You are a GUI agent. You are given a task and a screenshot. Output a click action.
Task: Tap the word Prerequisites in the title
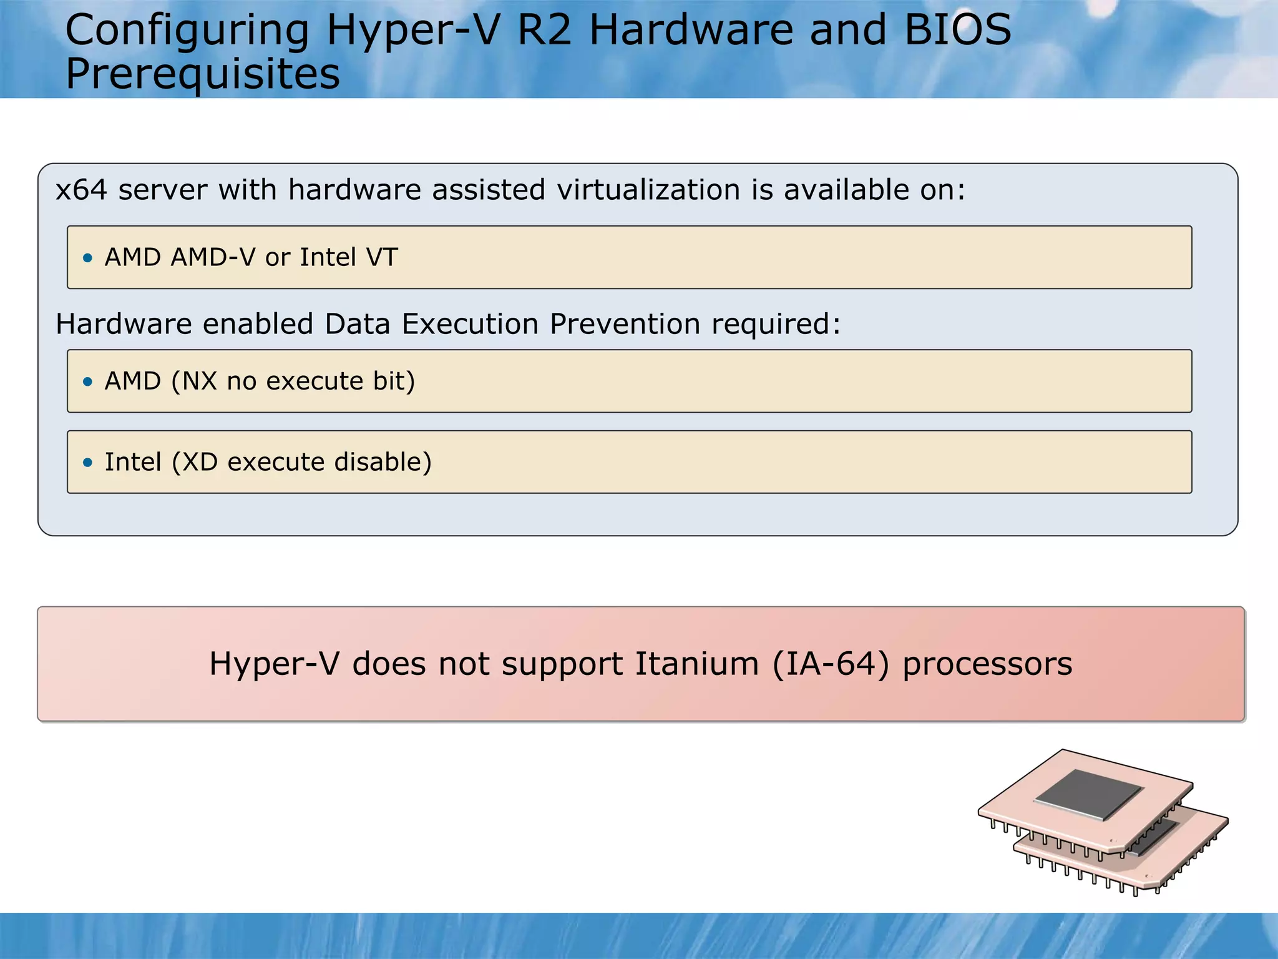point(203,74)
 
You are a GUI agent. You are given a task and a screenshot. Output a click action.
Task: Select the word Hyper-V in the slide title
point(412,31)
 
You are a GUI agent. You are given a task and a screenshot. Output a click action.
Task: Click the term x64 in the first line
point(81,190)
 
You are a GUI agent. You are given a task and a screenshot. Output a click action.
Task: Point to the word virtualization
point(648,190)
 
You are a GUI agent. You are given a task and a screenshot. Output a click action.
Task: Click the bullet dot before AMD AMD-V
point(88,258)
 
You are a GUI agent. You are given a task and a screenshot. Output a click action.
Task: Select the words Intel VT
point(348,257)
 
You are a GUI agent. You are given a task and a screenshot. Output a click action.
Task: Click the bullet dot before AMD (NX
point(88,381)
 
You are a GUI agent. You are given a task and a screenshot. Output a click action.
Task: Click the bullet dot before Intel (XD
point(88,463)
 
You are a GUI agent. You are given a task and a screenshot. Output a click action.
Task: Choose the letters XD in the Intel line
point(200,462)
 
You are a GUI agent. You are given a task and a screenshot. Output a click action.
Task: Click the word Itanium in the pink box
point(697,664)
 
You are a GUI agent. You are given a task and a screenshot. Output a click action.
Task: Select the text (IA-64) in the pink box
point(831,664)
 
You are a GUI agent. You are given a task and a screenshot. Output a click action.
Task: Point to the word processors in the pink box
point(987,664)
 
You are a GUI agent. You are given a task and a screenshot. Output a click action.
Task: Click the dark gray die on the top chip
point(1088,794)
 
